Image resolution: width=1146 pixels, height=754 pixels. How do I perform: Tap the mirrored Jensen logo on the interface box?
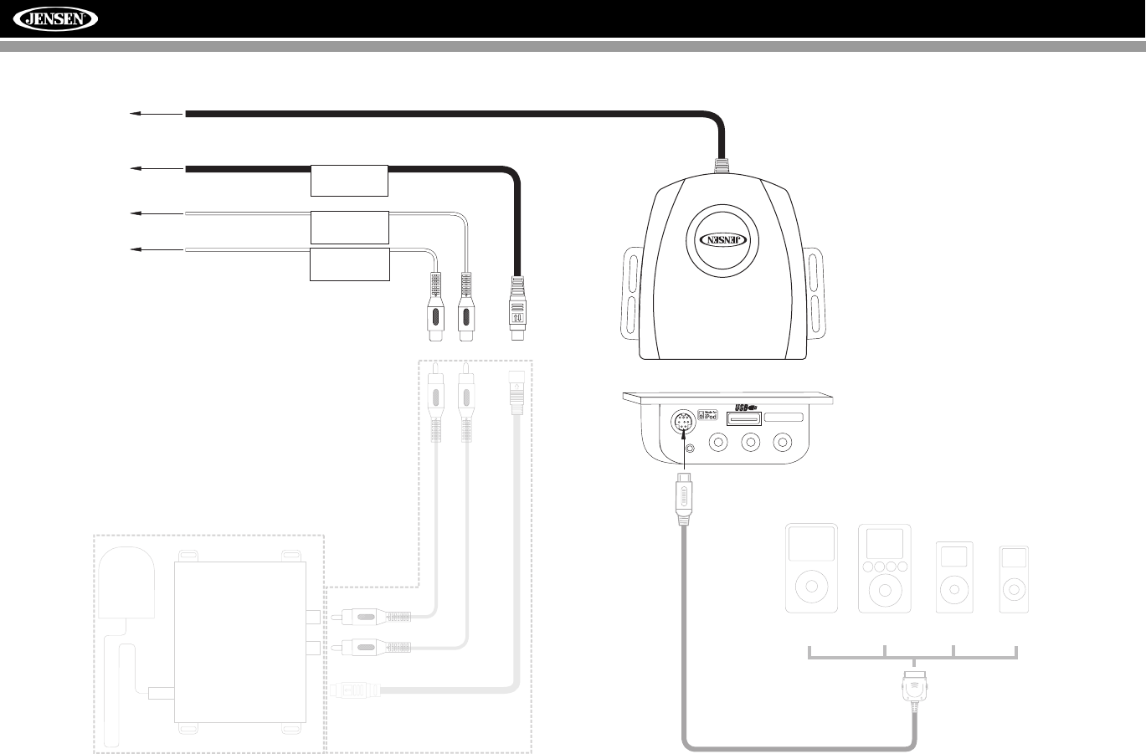click(722, 238)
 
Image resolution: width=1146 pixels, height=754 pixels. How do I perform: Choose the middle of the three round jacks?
click(751, 442)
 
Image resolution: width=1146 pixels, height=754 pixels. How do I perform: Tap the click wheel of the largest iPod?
click(811, 587)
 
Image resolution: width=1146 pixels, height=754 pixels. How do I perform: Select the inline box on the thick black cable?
click(349, 180)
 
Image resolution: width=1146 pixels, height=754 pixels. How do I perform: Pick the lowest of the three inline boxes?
click(349, 264)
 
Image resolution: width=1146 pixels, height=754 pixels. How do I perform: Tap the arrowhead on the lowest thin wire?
click(131, 249)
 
